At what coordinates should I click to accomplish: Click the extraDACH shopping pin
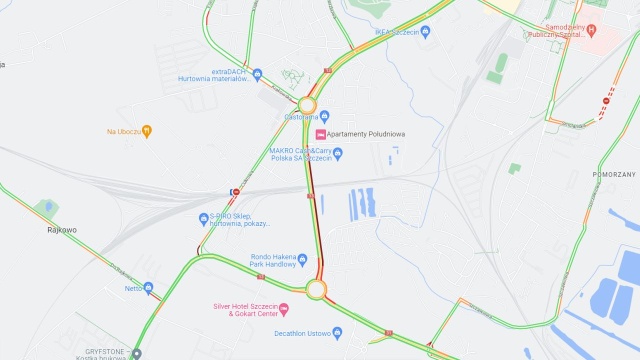(257, 73)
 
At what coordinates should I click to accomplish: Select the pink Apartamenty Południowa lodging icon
(320, 134)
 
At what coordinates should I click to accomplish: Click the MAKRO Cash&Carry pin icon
(337, 153)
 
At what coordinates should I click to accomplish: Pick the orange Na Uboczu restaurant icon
(146, 130)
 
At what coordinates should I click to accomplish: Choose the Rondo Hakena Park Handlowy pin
(302, 263)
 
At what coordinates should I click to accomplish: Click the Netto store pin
(149, 288)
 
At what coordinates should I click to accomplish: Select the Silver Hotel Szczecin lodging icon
(283, 308)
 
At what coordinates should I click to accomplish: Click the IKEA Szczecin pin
(425, 32)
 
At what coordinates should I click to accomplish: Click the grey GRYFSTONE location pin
(137, 353)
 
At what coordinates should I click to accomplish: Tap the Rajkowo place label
(62, 230)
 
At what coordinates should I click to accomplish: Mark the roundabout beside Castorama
(307, 104)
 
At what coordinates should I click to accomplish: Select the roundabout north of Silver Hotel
(317, 290)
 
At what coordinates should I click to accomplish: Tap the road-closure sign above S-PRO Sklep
(234, 191)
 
